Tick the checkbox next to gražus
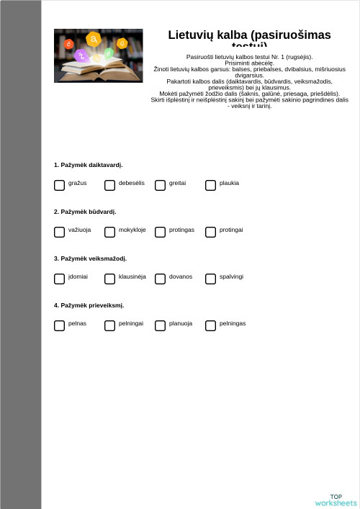click(59, 185)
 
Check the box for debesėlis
click(109, 185)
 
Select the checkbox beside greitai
click(160, 185)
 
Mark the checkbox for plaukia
click(210, 185)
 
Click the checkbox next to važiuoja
click(59, 232)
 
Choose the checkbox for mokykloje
click(109, 232)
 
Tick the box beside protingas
click(160, 232)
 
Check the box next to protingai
click(210, 232)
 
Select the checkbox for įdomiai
click(59, 279)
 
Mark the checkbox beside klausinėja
click(109, 279)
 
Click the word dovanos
click(180, 276)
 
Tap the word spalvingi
click(231, 276)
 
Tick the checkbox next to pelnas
click(59, 325)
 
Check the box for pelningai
click(109, 325)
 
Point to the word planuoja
click(180, 323)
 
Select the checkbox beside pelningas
click(210, 325)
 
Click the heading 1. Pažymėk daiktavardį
click(88, 165)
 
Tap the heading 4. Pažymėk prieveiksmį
click(89, 305)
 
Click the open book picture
click(98, 55)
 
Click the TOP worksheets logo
click(336, 500)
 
